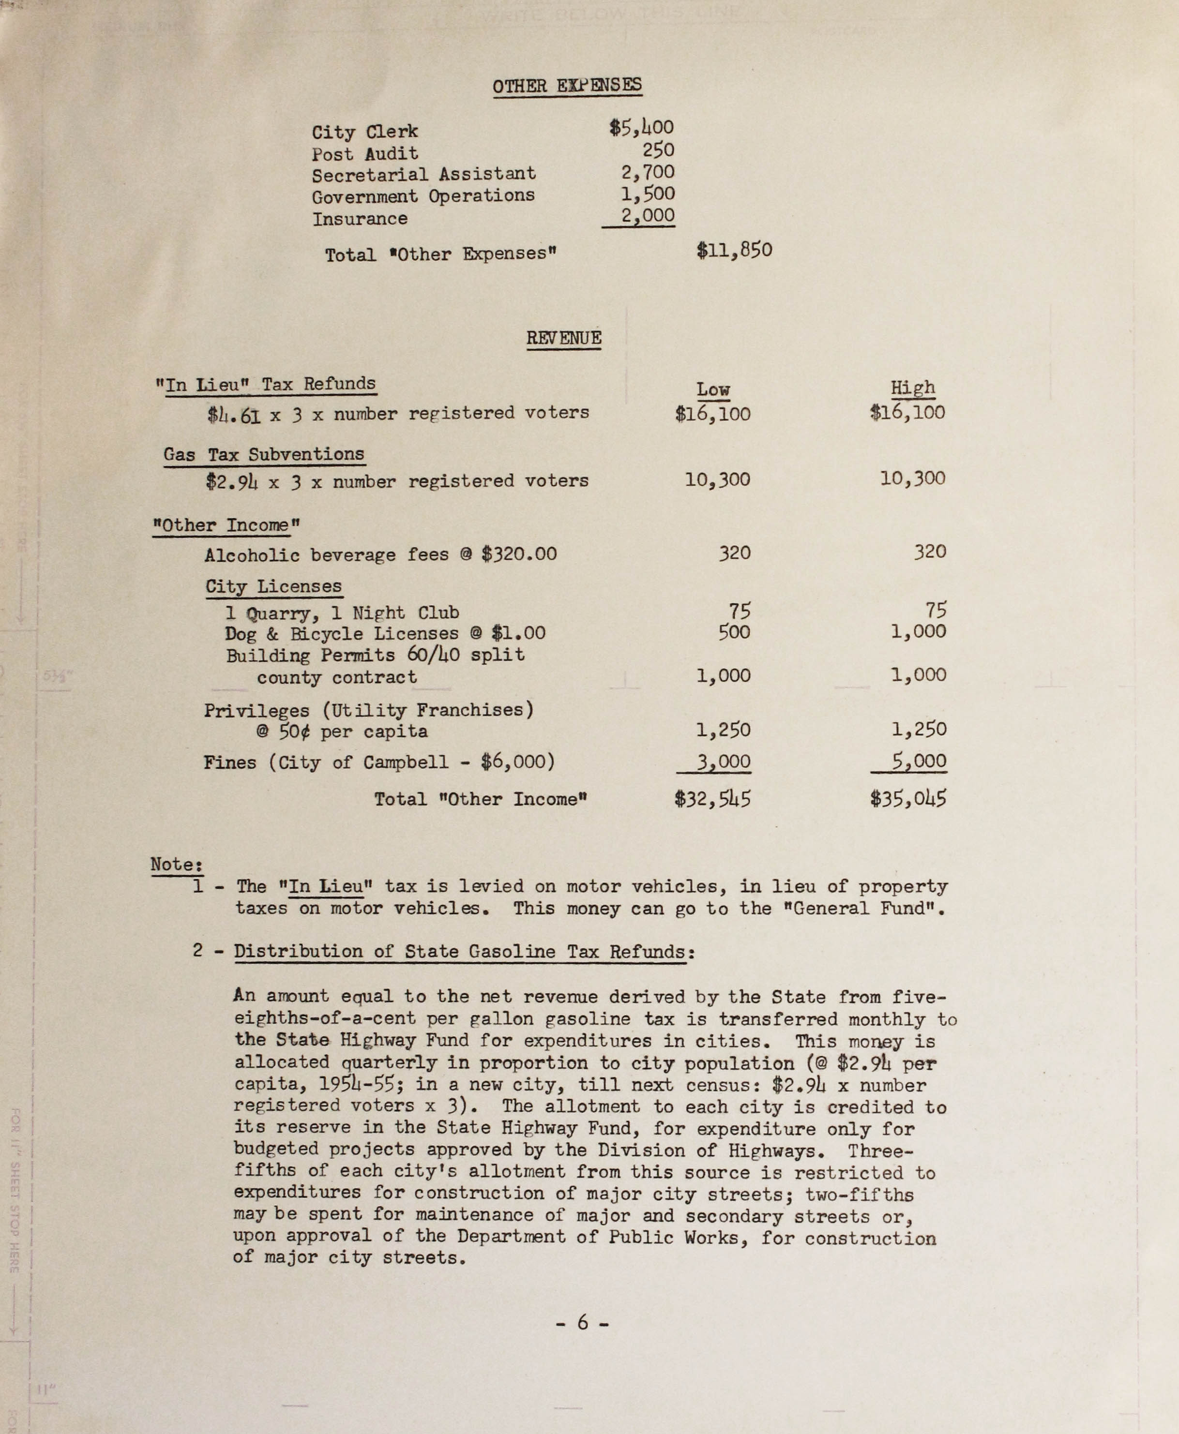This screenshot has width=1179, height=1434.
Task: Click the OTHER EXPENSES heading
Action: click(x=567, y=86)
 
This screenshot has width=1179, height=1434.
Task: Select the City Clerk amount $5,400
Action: click(x=641, y=128)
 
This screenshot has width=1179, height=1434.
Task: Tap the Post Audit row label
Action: click(x=365, y=154)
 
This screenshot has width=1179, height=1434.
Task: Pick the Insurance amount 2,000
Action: click(x=647, y=216)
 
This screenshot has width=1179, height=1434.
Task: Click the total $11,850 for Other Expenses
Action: click(x=734, y=251)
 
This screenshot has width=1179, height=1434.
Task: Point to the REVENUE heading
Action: click(x=564, y=338)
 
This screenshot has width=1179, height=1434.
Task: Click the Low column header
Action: click(x=712, y=390)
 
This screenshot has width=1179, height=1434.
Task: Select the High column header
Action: click(x=913, y=388)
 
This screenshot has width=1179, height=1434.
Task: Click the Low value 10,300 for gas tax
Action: click(x=717, y=480)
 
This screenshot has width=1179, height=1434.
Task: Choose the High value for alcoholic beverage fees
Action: click(x=929, y=552)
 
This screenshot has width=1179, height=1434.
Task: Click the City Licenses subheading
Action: click(x=274, y=586)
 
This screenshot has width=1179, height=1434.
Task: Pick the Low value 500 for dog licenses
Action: click(x=734, y=632)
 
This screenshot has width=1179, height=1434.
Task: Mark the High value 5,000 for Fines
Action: click(x=919, y=761)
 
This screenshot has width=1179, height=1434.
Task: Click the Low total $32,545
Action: click(x=712, y=799)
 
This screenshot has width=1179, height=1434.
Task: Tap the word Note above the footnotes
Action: click(x=176, y=865)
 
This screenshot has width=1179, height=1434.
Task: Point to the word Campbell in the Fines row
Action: click(x=406, y=762)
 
